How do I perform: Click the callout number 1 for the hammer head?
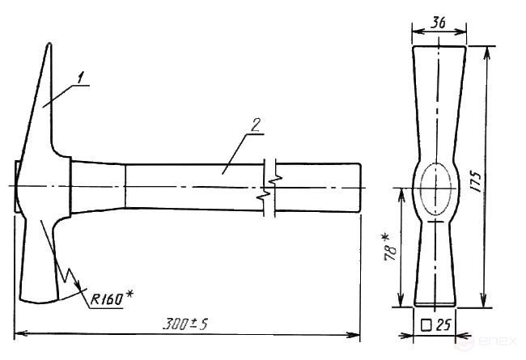pos(80,78)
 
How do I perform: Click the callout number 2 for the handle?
pos(256,125)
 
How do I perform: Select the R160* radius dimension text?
pos(112,298)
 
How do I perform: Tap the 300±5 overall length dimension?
pos(185,324)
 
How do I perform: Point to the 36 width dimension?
pos(438,23)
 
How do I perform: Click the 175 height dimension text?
pos(476,181)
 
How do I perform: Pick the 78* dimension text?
pos(389,248)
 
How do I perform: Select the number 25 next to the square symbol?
pos(443,324)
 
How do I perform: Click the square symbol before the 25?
pos(426,325)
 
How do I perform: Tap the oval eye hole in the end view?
pos(435,188)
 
